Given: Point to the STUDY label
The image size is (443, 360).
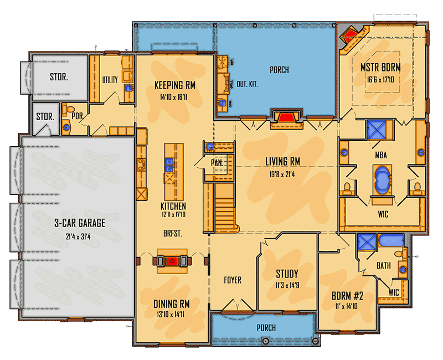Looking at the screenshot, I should tap(287, 274).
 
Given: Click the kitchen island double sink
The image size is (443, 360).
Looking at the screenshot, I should tap(169, 164).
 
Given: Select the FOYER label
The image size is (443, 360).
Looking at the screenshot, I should tap(233, 280).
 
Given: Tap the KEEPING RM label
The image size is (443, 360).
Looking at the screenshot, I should tap(174, 85).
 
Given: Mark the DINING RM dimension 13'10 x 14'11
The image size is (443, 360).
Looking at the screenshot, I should tap(172, 314).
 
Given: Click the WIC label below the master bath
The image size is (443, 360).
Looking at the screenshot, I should tap(380, 212).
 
